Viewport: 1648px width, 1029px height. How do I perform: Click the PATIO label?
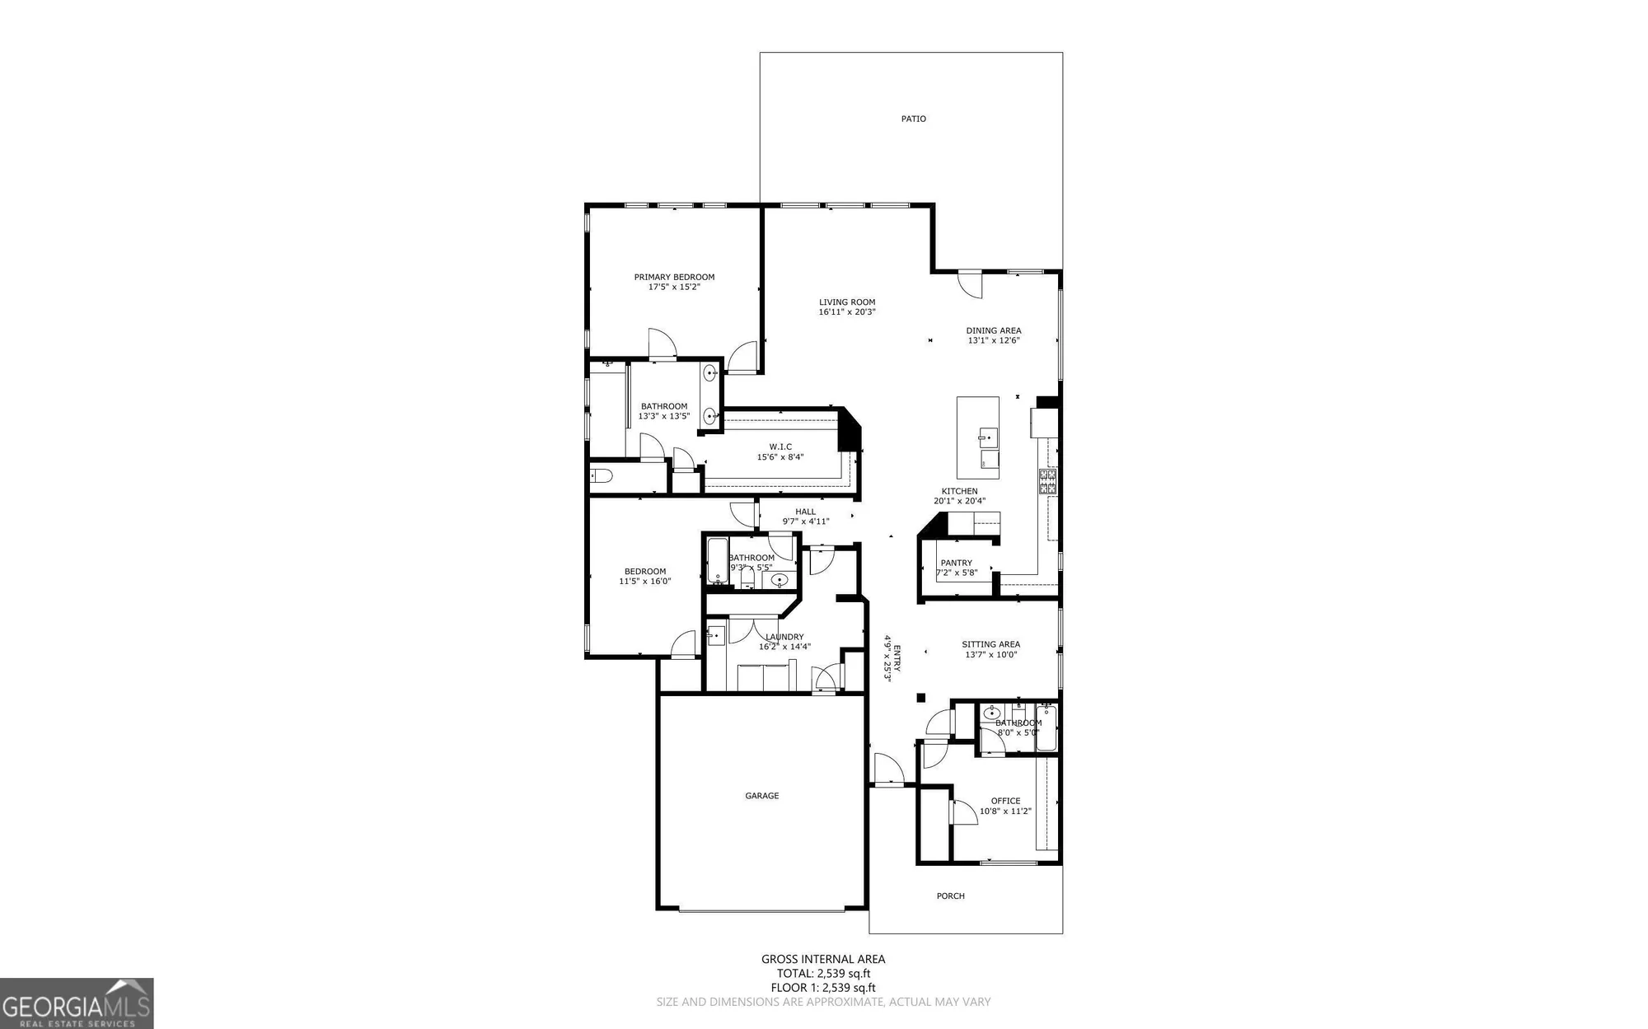[x=913, y=119]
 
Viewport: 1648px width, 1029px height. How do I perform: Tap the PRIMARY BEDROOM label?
[x=674, y=277]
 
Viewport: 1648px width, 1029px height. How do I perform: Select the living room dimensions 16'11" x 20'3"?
[x=847, y=312]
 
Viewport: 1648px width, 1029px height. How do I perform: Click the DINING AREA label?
[x=994, y=330]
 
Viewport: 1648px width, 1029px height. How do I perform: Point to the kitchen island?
[x=978, y=437]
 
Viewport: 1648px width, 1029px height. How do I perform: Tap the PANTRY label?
[x=956, y=563]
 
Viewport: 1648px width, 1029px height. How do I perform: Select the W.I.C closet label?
[x=780, y=447]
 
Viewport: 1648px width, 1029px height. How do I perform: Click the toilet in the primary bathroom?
[x=602, y=475]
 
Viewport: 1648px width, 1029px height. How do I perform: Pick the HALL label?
[x=805, y=512]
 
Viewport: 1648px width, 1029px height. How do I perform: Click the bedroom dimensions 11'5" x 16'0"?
[x=645, y=582]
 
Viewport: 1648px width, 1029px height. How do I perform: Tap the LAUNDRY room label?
[x=784, y=637]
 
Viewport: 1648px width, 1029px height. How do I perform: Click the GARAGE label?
[x=762, y=796]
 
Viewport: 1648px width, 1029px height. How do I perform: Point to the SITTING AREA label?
[x=990, y=644]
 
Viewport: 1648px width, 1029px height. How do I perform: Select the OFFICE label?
[x=1005, y=801]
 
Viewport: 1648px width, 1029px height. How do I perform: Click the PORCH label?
[x=950, y=896]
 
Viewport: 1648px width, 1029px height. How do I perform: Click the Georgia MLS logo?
[x=77, y=1003]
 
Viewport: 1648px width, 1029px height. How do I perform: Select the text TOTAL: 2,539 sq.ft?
[x=823, y=974]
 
